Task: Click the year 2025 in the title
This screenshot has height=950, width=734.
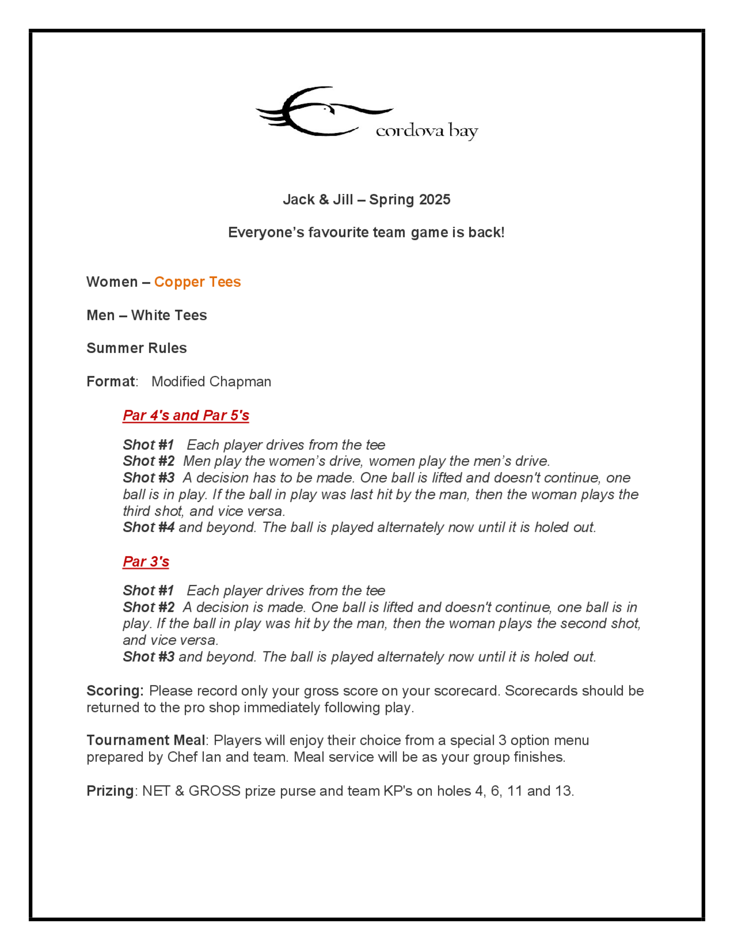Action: [435, 200]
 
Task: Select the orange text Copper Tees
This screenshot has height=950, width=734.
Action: [197, 282]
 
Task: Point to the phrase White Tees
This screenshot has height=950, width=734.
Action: [169, 315]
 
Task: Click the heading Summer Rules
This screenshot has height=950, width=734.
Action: [137, 348]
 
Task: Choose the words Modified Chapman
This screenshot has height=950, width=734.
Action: [211, 381]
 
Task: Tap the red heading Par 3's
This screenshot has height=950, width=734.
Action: [146, 561]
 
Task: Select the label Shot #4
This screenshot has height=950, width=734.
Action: [149, 527]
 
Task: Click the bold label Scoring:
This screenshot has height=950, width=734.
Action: [115, 691]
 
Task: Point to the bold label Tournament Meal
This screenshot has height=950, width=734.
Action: [146, 740]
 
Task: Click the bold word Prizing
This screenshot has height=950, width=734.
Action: [110, 790]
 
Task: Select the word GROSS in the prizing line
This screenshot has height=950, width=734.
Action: [214, 790]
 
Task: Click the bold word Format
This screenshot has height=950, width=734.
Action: [110, 381]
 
